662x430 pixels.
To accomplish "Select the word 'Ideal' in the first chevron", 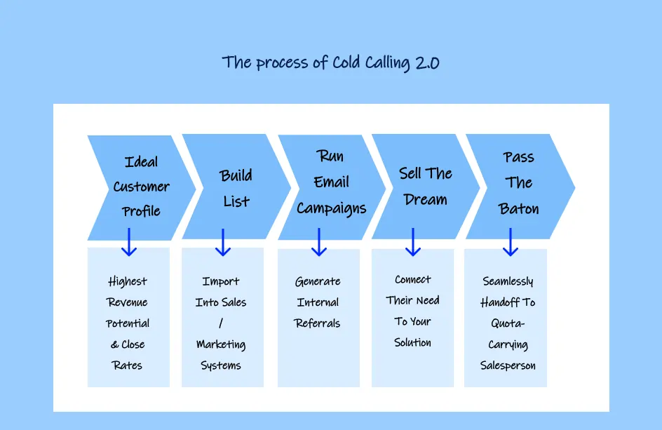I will click(x=141, y=162).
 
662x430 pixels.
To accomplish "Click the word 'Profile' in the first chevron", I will click(x=141, y=211).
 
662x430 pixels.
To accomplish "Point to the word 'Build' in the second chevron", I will click(x=236, y=175).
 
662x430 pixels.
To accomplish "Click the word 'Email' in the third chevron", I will click(x=331, y=182).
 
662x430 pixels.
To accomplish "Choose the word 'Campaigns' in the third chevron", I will click(x=331, y=208).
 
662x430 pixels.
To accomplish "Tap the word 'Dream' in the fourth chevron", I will click(x=425, y=200).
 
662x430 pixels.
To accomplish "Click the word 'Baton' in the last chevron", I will click(x=519, y=208).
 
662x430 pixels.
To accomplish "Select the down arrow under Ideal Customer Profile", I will click(x=129, y=241).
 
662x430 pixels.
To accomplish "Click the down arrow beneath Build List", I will click(x=223, y=241).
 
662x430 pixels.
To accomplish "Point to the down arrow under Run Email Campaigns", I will click(x=319, y=241).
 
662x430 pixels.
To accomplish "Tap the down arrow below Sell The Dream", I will click(x=413, y=241).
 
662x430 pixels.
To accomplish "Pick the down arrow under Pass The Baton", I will click(x=511, y=241).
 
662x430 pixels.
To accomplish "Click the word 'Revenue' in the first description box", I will click(x=128, y=302).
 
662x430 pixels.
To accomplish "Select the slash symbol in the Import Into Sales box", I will click(x=221, y=323).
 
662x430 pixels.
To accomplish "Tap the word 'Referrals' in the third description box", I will click(x=318, y=323).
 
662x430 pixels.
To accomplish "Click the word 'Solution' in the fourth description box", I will click(x=412, y=342).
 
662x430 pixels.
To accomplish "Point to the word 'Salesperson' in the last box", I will click(x=508, y=365).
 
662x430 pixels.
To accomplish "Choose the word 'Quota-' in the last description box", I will click(x=508, y=323).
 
